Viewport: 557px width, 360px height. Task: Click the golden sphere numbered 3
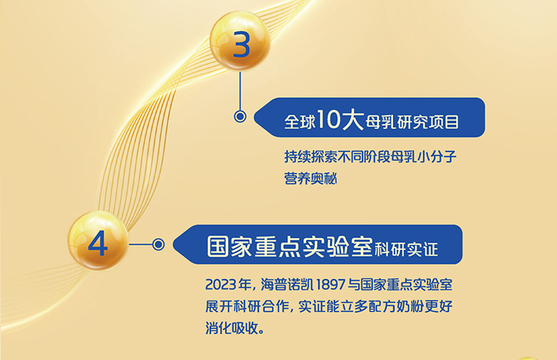[x=240, y=41]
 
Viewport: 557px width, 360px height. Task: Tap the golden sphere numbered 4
[x=98, y=240]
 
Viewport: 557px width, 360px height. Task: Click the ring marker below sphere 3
[x=240, y=117]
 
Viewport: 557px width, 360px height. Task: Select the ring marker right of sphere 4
[x=158, y=244]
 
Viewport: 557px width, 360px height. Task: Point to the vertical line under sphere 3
[x=240, y=91]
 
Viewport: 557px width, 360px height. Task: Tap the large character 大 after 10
[x=353, y=120]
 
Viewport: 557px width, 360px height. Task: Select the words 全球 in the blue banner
[x=300, y=122]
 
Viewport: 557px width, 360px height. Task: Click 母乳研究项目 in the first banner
[x=412, y=122]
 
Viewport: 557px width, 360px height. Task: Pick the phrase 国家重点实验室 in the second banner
[x=290, y=246]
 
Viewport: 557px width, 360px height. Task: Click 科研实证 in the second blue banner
[x=406, y=249]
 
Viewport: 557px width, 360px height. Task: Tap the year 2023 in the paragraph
[x=221, y=284]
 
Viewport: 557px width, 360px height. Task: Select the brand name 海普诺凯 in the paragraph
[x=287, y=284]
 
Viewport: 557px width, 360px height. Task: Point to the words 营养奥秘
[x=310, y=178]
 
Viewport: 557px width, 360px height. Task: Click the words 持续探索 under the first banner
[x=310, y=156]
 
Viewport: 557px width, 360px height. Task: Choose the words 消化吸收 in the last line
[x=232, y=327]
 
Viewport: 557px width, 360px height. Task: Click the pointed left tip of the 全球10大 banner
[x=254, y=117]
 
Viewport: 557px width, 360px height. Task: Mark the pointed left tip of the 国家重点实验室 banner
[x=173, y=244]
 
